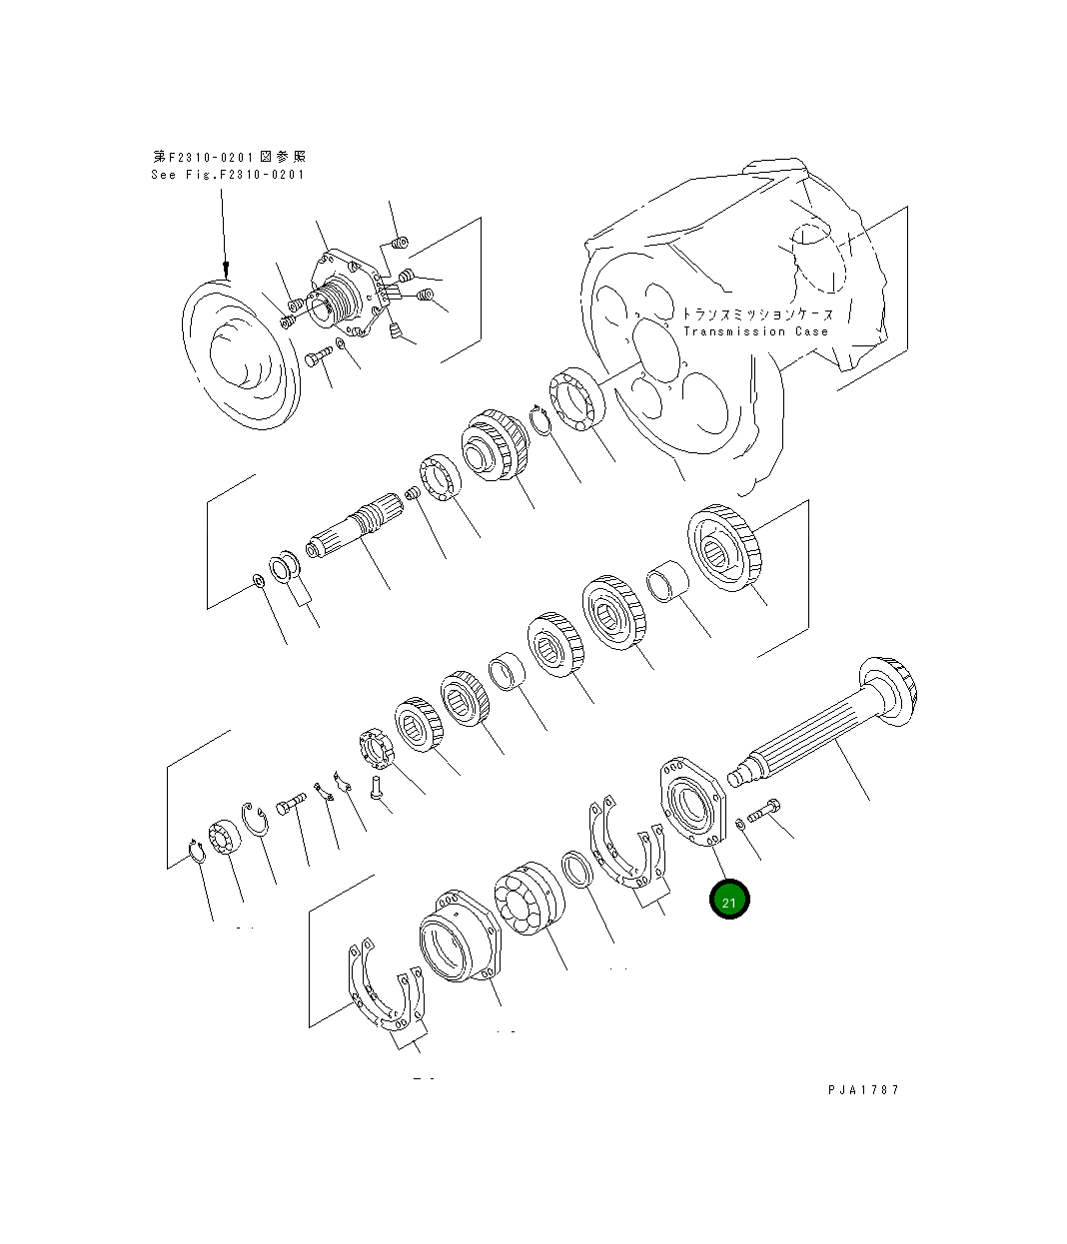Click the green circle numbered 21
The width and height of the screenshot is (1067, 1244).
(x=729, y=900)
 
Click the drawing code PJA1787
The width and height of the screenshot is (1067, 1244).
(x=863, y=1089)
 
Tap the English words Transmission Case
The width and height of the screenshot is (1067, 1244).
(x=755, y=331)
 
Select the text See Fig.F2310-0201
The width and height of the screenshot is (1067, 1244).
(x=228, y=174)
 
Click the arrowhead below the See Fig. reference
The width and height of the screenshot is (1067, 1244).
(x=226, y=269)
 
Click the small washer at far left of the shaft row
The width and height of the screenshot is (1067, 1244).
(x=258, y=580)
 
